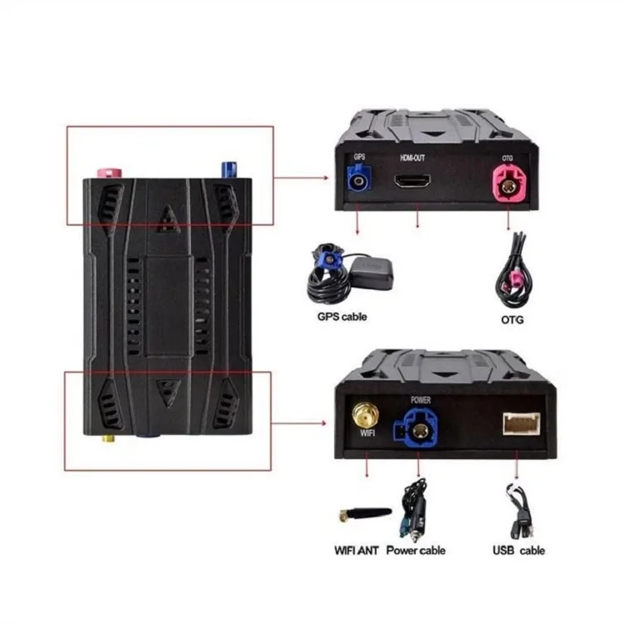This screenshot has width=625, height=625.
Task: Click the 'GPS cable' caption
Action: coord(342,317)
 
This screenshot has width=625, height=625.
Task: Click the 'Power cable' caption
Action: coord(416,550)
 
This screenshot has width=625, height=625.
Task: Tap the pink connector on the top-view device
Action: coord(110,172)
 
